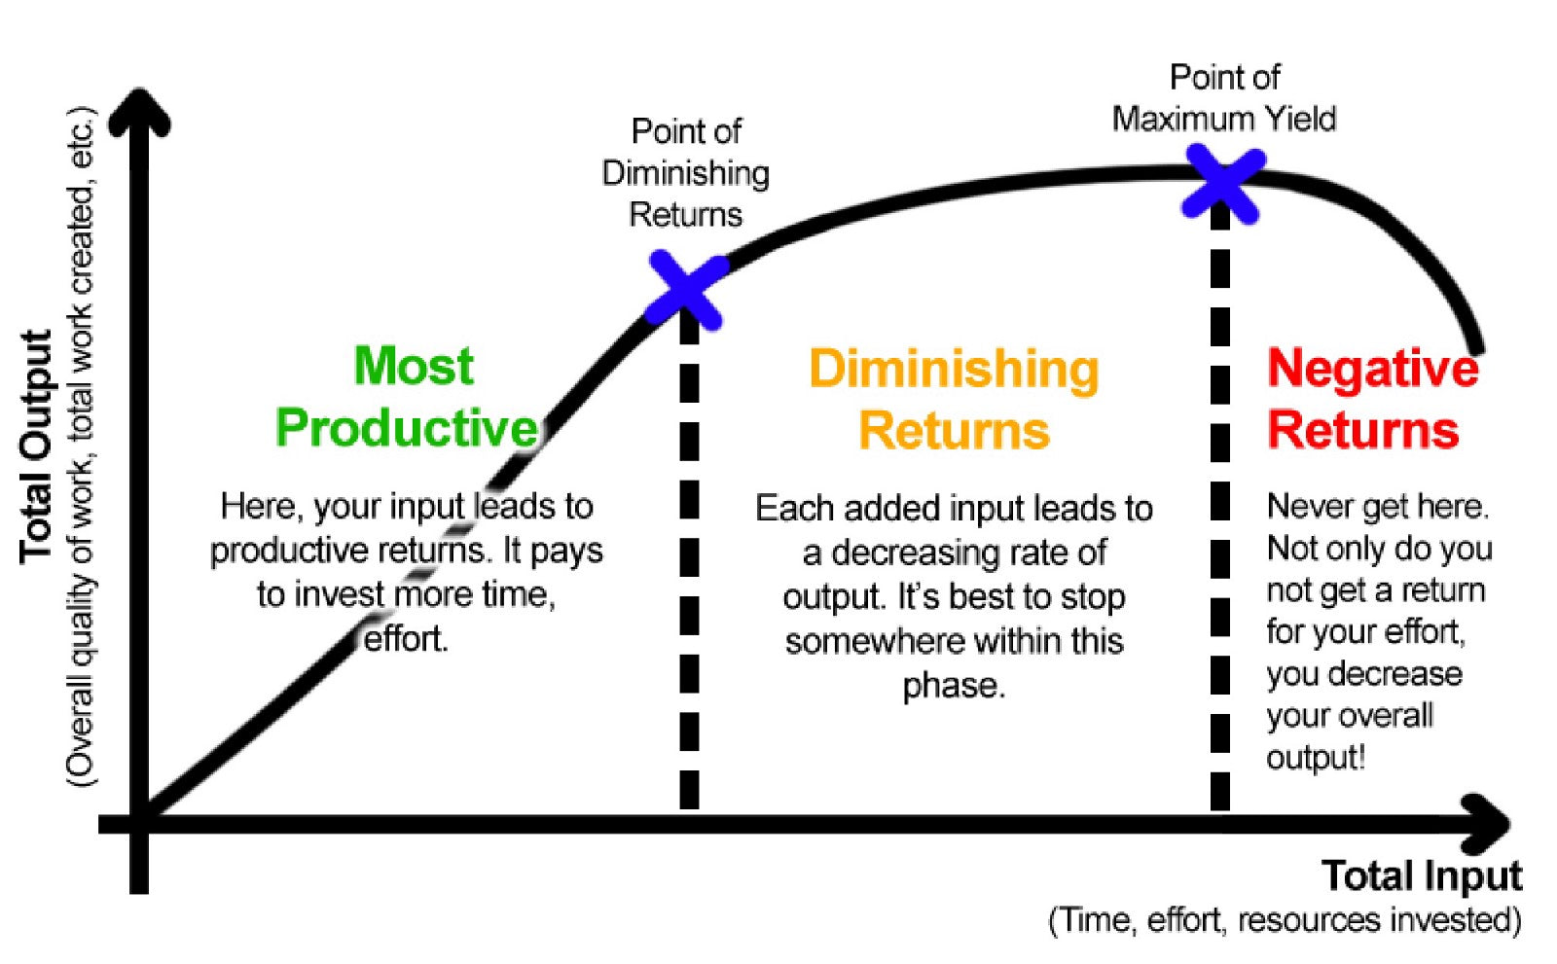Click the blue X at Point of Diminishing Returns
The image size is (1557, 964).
tap(687, 290)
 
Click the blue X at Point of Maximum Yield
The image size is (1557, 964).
tap(1222, 183)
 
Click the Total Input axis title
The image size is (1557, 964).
tap(1422, 875)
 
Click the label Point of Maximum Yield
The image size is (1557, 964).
tap(1223, 98)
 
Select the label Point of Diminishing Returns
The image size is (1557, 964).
tap(686, 173)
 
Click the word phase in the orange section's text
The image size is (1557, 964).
tap(953, 686)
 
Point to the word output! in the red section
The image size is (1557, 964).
tap(1316, 758)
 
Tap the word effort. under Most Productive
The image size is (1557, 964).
tap(406, 639)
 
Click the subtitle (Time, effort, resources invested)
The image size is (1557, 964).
tap(1285, 920)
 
